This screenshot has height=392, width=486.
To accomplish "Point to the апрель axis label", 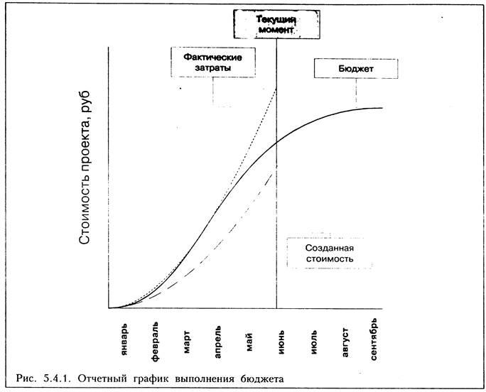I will click(x=218, y=342).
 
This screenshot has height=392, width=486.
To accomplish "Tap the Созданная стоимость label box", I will click(x=329, y=255).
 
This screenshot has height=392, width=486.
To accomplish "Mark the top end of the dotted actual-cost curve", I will click(x=276, y=88).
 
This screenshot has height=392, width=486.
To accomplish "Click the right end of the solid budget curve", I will click(x=382, y=107).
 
